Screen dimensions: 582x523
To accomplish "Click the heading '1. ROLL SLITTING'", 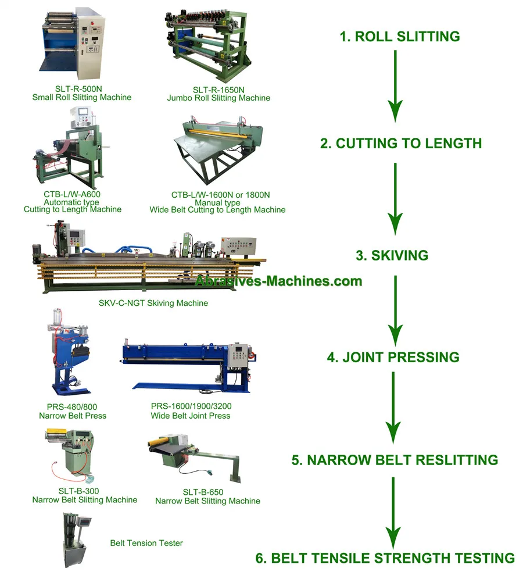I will tap(400, 37).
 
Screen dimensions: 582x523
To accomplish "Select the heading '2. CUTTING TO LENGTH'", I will tap(401, 143).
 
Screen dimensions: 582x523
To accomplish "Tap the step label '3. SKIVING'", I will tap(392, 255).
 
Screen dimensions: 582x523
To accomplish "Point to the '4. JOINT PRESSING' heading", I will tap(393, 357).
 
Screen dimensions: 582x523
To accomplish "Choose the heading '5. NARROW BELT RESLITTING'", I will tap(395, 460).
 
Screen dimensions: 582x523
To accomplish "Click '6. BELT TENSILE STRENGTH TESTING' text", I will tap(385, 558).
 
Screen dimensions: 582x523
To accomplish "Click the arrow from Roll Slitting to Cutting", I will tap(395, 85).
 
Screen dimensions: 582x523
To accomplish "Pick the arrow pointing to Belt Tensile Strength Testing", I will tap(393, 512).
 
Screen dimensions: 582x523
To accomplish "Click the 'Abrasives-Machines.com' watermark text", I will tap(278, 281).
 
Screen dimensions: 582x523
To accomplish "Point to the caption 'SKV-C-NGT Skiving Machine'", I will tap(153, 303).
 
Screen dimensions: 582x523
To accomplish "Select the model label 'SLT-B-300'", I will tap(84, 491).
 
